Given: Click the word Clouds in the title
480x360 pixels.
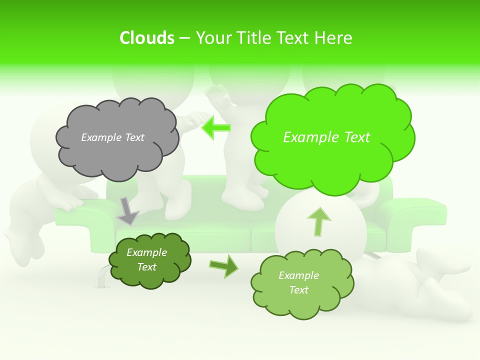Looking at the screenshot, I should tap(146, 38).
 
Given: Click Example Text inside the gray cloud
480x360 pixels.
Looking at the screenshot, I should tap(112, 137).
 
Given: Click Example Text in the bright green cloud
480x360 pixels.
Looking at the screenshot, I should tap(326, 137).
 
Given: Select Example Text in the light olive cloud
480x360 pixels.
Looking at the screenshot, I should tap(298, 282).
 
